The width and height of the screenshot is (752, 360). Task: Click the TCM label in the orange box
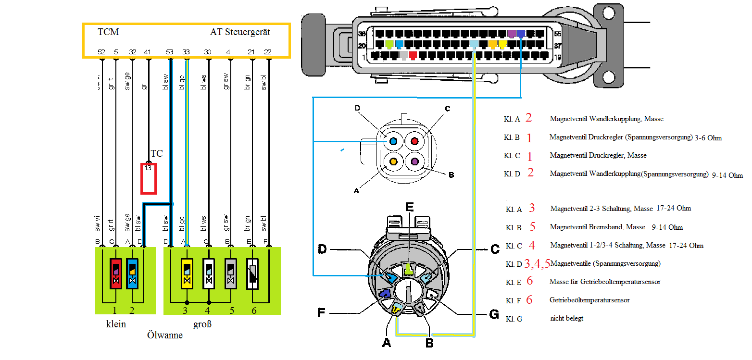click(x=108, y=32)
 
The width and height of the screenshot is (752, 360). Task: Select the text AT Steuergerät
click(x=240, y=32)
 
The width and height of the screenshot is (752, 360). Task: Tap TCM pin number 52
click(x=101, y=52)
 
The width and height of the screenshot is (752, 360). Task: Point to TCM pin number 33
click(x=186, y=52)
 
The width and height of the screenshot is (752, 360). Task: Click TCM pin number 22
click(x=268, y=52)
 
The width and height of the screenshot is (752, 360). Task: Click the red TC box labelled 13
click(x=148, y=179)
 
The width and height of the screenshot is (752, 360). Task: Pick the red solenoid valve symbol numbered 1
click(x=115, y=273)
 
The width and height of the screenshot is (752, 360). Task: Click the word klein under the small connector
click(x=116, y=324)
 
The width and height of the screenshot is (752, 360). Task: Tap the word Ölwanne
click(x=165, y=335)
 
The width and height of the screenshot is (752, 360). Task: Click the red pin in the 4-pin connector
click(x=414, y=142)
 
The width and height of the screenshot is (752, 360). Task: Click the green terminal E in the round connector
click(x=409, y=268)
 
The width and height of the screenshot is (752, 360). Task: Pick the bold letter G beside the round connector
click(x=493, y=314)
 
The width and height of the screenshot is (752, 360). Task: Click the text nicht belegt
click(x=566, y=318)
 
